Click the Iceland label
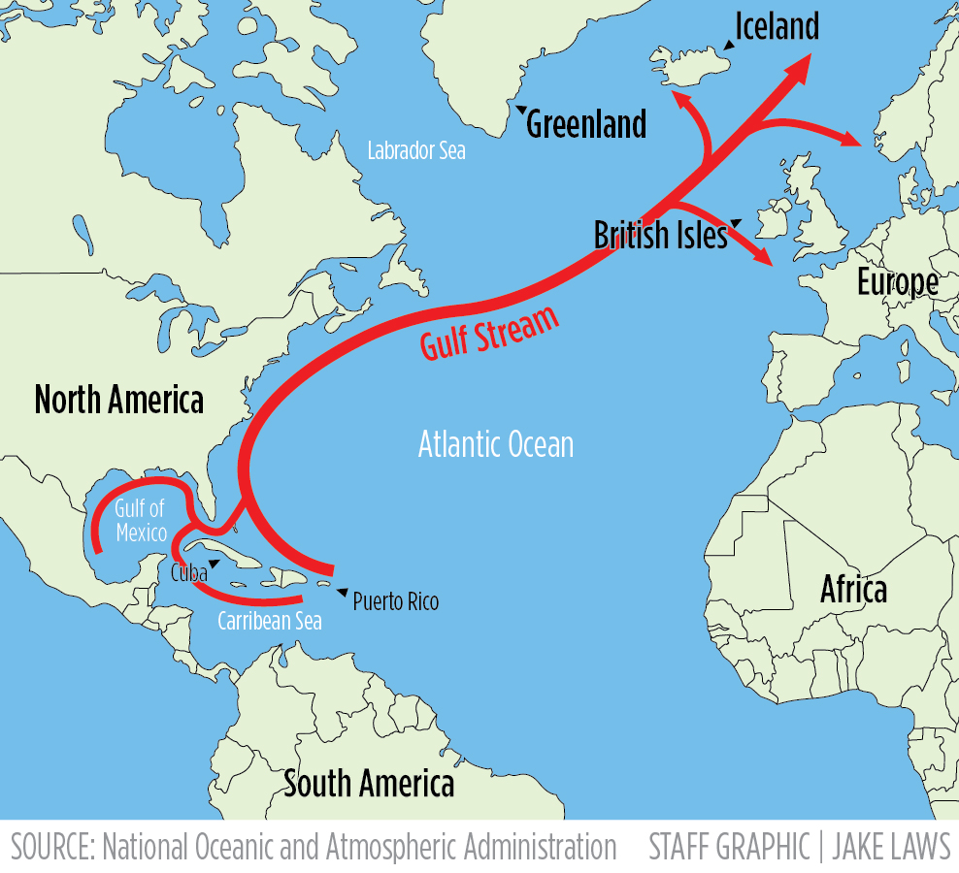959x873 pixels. [777, 26]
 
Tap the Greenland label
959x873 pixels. [586, 124]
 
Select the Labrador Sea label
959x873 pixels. [416, 151]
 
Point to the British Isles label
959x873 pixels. [660, 236]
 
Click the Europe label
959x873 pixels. [897, 282]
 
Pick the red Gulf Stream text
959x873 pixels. [490, 334]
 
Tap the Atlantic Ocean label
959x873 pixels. [495, 445]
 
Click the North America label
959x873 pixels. [119, 400]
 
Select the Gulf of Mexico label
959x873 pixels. [140, 520]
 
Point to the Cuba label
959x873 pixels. [189, 572]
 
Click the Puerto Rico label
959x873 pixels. [395, 602]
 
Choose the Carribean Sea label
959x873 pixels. [269, 621]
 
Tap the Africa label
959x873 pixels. [853, 589]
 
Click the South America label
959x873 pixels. [369, 784]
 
